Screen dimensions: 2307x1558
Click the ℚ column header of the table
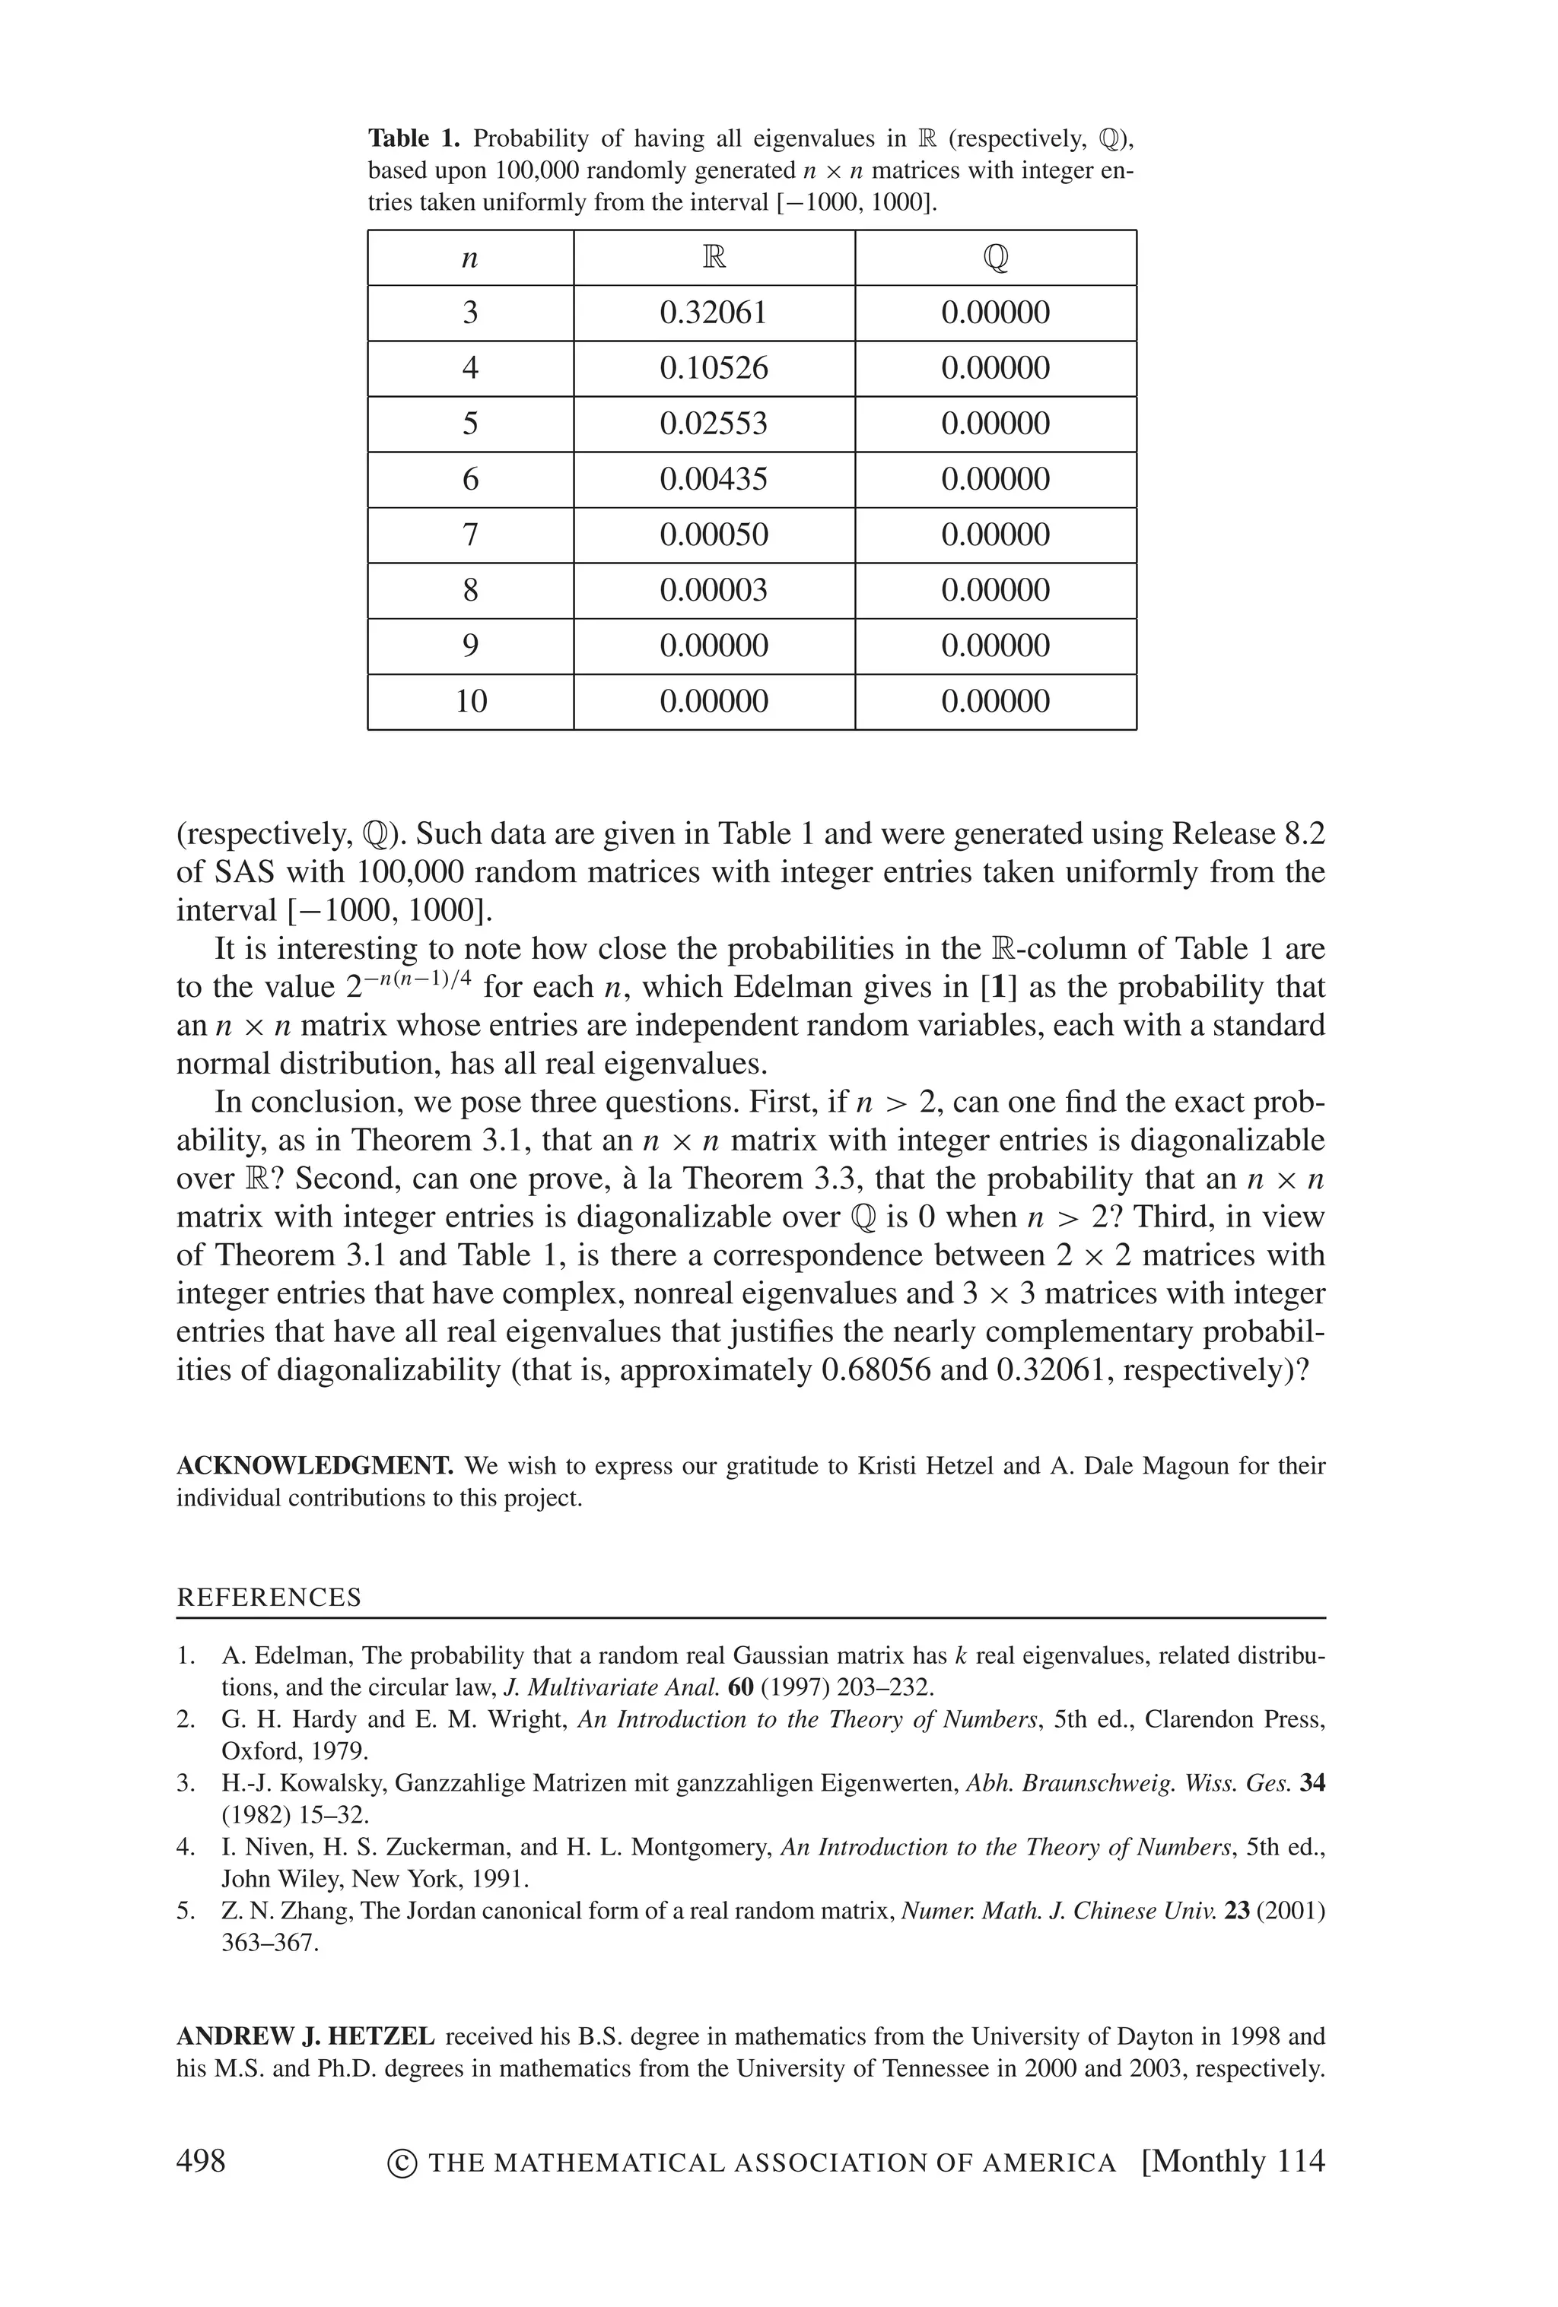(995, 258)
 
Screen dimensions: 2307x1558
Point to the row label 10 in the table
(471, 702)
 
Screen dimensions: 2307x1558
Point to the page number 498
(201, 2160)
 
